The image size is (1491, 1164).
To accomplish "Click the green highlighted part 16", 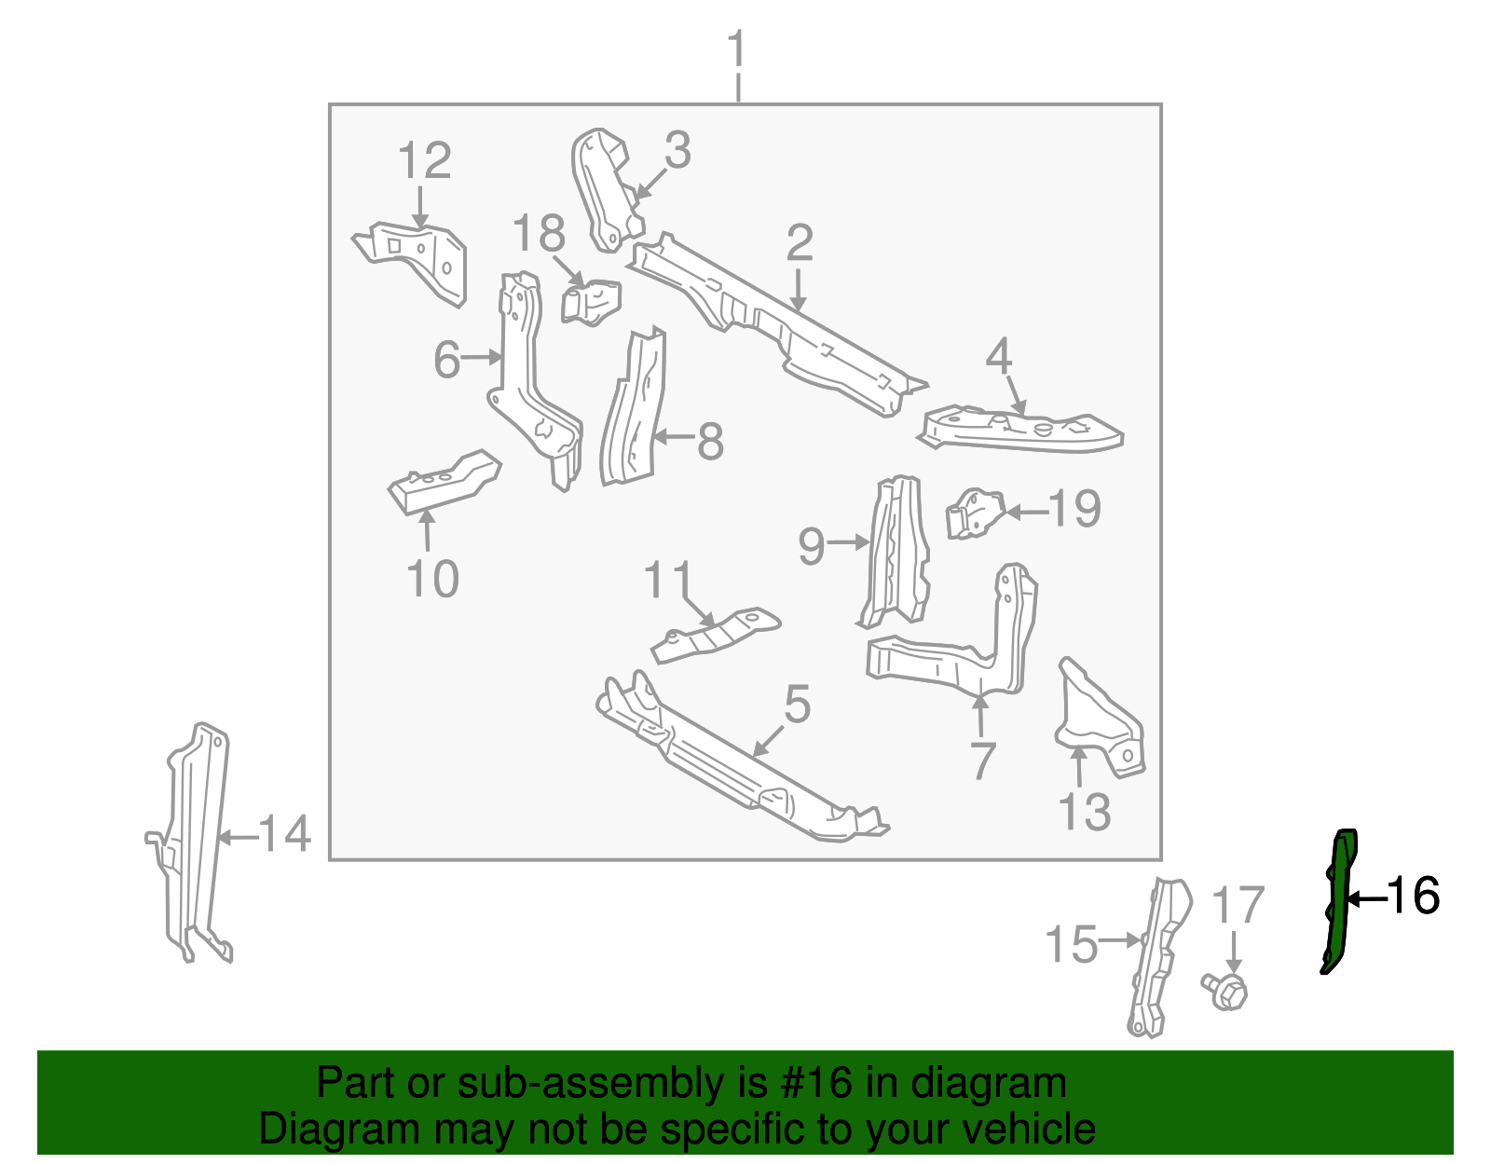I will [x=1340, y=899].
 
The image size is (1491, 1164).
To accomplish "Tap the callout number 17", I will [x=1237, y=906].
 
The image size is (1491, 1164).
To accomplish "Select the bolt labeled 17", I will [x=1228, y=992].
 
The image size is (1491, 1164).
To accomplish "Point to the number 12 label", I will [x=424, y=161].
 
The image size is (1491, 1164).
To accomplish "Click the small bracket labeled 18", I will [x=592, y=301].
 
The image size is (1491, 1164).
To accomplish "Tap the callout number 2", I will [x=800, y=243].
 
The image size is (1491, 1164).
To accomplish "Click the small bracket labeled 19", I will [x=975, y=513].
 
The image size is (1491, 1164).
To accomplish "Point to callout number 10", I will [x=432, y=579].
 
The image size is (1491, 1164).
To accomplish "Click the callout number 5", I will [x=797, y=705].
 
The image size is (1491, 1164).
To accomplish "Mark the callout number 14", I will [x=284, y=833].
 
